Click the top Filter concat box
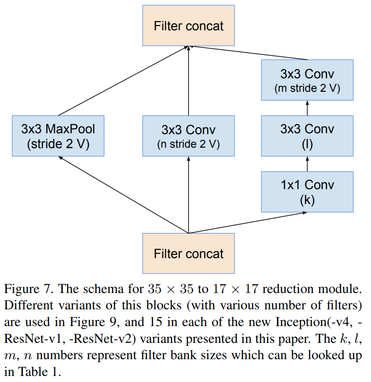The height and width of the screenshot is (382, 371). pos(189,26)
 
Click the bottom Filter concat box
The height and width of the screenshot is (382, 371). pos(189,254)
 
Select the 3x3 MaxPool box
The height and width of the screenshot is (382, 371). pos(58,136)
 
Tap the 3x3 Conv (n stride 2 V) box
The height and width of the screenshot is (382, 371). pos(189,136)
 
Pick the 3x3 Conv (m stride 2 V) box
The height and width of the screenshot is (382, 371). pos(307,80)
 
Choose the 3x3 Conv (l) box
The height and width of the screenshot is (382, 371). pos(307,136)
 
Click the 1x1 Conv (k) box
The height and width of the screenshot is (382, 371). pos(307,191)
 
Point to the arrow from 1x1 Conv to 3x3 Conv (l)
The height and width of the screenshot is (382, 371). pos(307,164)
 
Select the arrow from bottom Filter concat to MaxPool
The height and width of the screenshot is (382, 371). pos(123,195)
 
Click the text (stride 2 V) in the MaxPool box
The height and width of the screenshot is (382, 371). pos(58,144)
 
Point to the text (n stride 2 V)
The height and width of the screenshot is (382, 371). pos(189,144)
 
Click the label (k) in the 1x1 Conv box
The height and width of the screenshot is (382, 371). pos(307,200)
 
